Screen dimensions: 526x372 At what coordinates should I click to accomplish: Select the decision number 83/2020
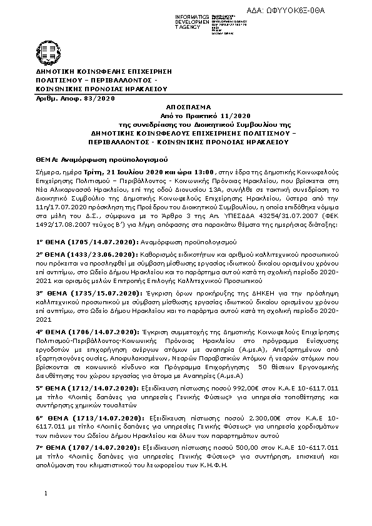(x=100, y=98)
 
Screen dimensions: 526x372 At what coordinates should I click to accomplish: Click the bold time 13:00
(x=204, y=171)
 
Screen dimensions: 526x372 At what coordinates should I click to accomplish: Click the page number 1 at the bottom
(x=46, y=511)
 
